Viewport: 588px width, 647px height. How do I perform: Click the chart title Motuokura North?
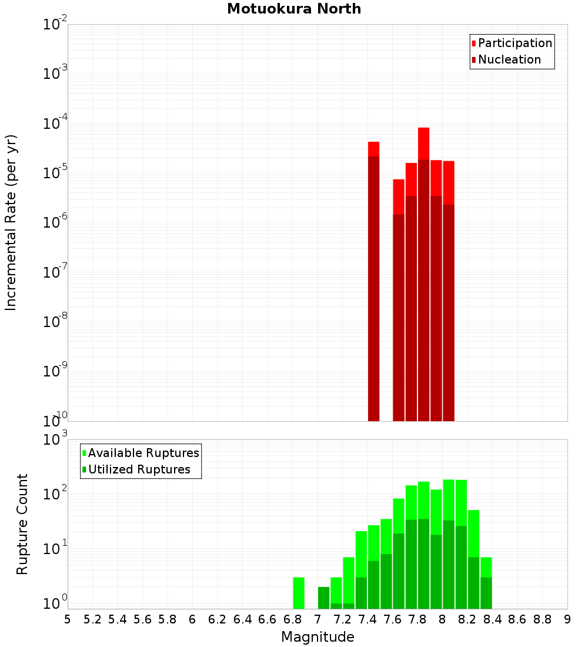coord(294,9)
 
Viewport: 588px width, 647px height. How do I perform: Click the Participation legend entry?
coord(514,43)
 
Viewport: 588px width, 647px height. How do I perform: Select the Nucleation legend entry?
coord(509,59)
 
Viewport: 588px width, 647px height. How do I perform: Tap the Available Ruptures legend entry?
coord(143,453)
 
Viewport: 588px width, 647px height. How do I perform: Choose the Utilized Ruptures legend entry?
coord(139,469)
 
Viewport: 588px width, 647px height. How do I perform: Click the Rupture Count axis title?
coord(22,524)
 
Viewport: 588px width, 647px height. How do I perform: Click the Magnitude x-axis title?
coord(318,637)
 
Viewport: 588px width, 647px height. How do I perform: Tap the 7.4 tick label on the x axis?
coord(367,619)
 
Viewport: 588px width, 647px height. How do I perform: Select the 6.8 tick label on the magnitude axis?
coord(292,619)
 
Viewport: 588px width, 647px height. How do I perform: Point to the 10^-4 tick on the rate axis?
coord(55,124)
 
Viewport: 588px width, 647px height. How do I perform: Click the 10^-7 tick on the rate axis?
coord(55,273)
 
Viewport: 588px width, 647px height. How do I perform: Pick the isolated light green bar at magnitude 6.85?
coord(299,593)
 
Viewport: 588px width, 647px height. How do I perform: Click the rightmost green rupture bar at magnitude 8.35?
coord(486,582)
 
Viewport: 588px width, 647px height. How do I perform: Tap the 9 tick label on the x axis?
coord(567,619)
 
